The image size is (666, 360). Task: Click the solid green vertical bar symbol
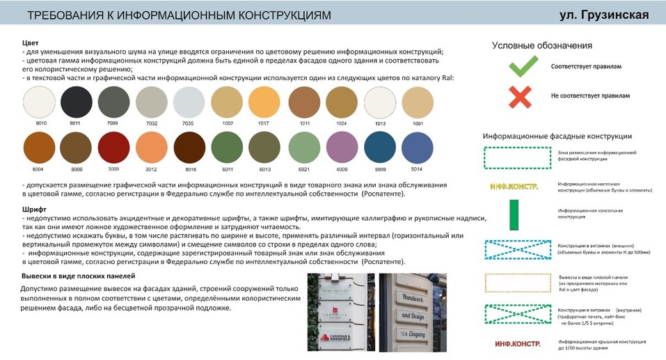[x=514, y=213]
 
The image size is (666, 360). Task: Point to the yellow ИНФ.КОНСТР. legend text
[x=514, y=186]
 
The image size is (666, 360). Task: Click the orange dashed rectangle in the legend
[x=514, y=281]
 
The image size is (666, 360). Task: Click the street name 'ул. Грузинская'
[x=604, y=15]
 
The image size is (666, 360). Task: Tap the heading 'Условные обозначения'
[x=541, y=45]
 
